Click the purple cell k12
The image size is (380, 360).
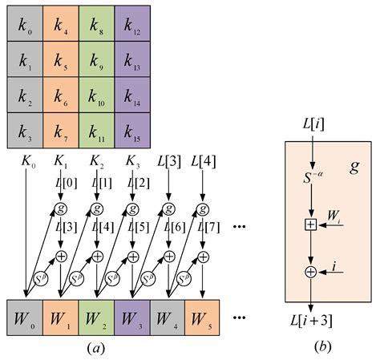coord(132,22)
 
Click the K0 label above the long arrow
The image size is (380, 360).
coord(28,164)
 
